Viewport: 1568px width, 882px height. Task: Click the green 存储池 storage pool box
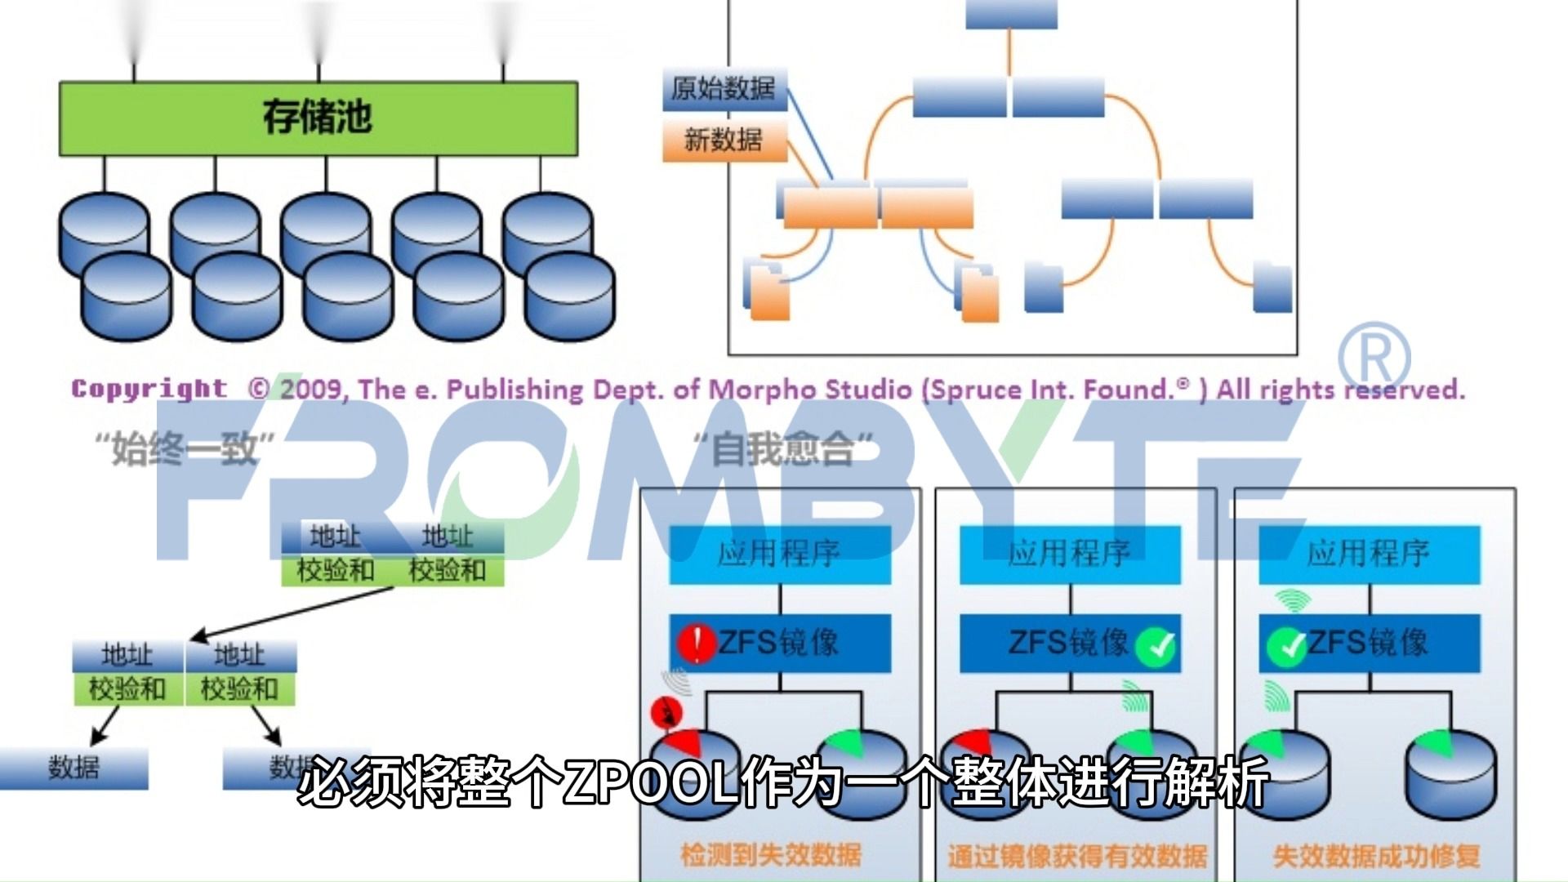(x=318, y=118)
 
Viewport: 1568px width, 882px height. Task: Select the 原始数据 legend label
(x=724, y=88)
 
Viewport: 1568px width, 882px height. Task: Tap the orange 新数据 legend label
(x=724, y=140)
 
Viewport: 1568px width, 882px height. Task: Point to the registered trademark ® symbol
(x=1374, y=358)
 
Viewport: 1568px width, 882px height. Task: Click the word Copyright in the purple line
(x=149, y=389)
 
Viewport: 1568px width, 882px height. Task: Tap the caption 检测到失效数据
(x=771, y=854)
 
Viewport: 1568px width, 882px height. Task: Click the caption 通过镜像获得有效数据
(x=1076, y=856)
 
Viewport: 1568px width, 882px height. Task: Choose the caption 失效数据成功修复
(x=1377, y=856)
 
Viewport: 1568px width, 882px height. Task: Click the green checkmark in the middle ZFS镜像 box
(x=1156, y=647)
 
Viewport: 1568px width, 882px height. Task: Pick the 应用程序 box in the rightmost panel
(x=1369, y=554)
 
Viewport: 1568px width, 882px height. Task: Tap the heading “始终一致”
(x=185, y=449)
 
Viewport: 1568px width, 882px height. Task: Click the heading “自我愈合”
(x=782, y=449)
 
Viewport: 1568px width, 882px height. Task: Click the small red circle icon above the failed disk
(x=666, y=714)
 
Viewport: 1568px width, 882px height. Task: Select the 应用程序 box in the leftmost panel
(x=779, y=554)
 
